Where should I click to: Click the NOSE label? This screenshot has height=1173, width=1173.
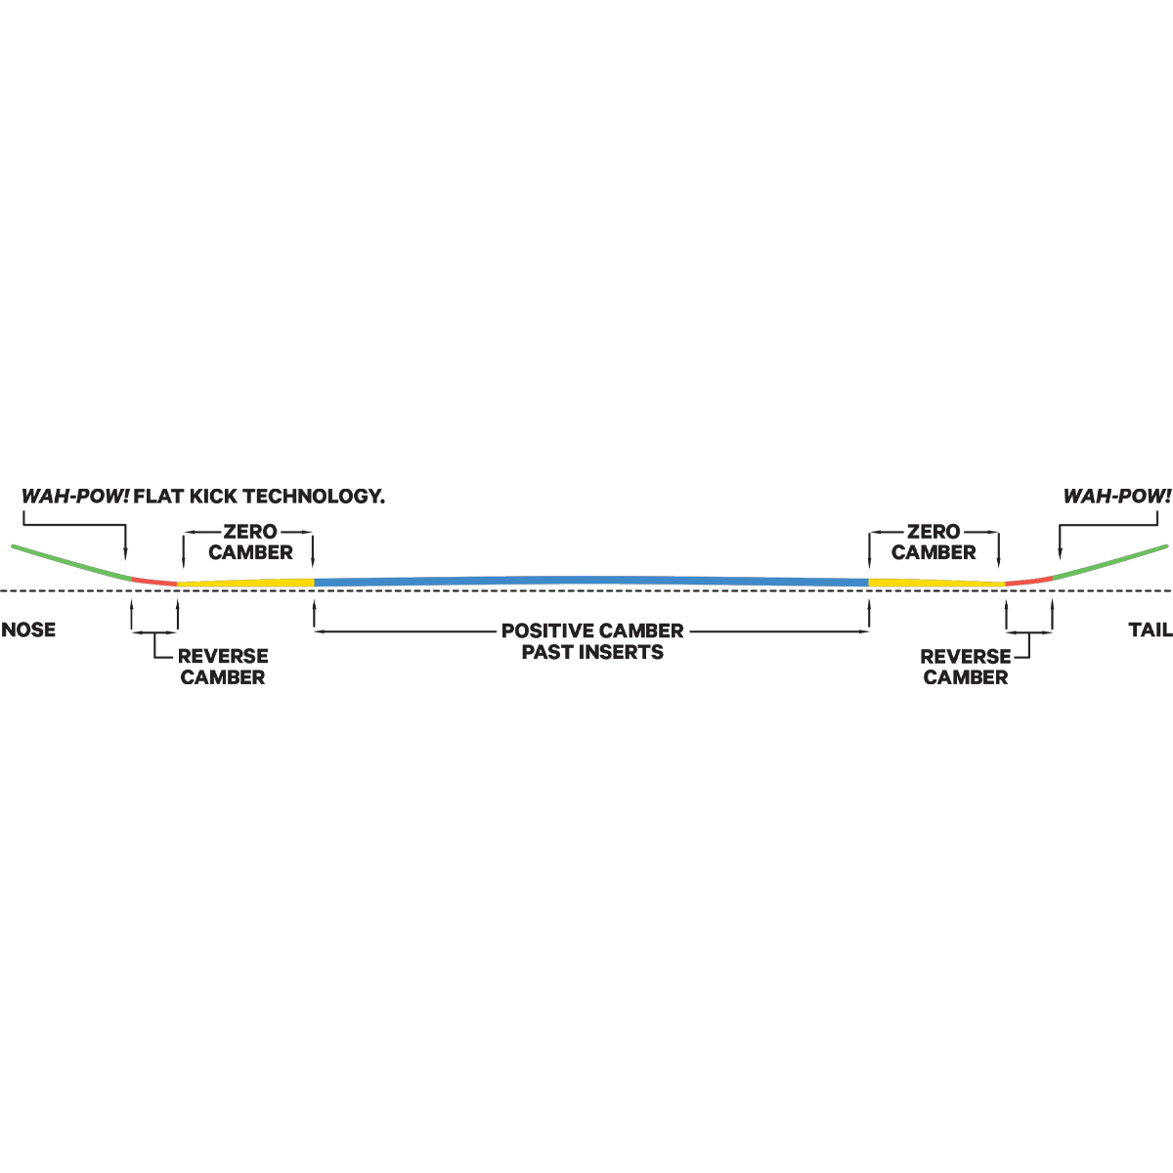point(28,630)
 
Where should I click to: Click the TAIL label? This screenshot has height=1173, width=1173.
point(1150,630)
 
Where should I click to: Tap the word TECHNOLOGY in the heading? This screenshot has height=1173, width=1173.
point(317,497)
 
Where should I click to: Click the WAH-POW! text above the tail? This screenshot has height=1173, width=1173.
point(1117,497)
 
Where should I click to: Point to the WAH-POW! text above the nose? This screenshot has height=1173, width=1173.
point(75,497)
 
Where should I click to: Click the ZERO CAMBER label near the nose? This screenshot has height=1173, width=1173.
point(250,542)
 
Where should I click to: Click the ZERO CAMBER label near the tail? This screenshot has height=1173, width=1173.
point(934,542)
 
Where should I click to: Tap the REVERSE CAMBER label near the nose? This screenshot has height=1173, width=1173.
point(223,667)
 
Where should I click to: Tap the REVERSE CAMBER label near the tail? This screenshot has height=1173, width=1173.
point(966,667)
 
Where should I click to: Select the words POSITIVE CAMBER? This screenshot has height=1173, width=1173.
point(592,630)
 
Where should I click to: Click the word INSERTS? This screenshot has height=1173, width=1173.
point(621,652)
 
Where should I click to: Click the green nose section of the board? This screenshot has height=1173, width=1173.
point(71,562)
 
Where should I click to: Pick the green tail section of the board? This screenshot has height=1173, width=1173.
point(1110,562)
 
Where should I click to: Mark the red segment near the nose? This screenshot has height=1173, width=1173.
point(154,582)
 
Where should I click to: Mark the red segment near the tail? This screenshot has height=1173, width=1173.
point(1028,582)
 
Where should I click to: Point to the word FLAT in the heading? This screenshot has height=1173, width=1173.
point(159,497)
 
